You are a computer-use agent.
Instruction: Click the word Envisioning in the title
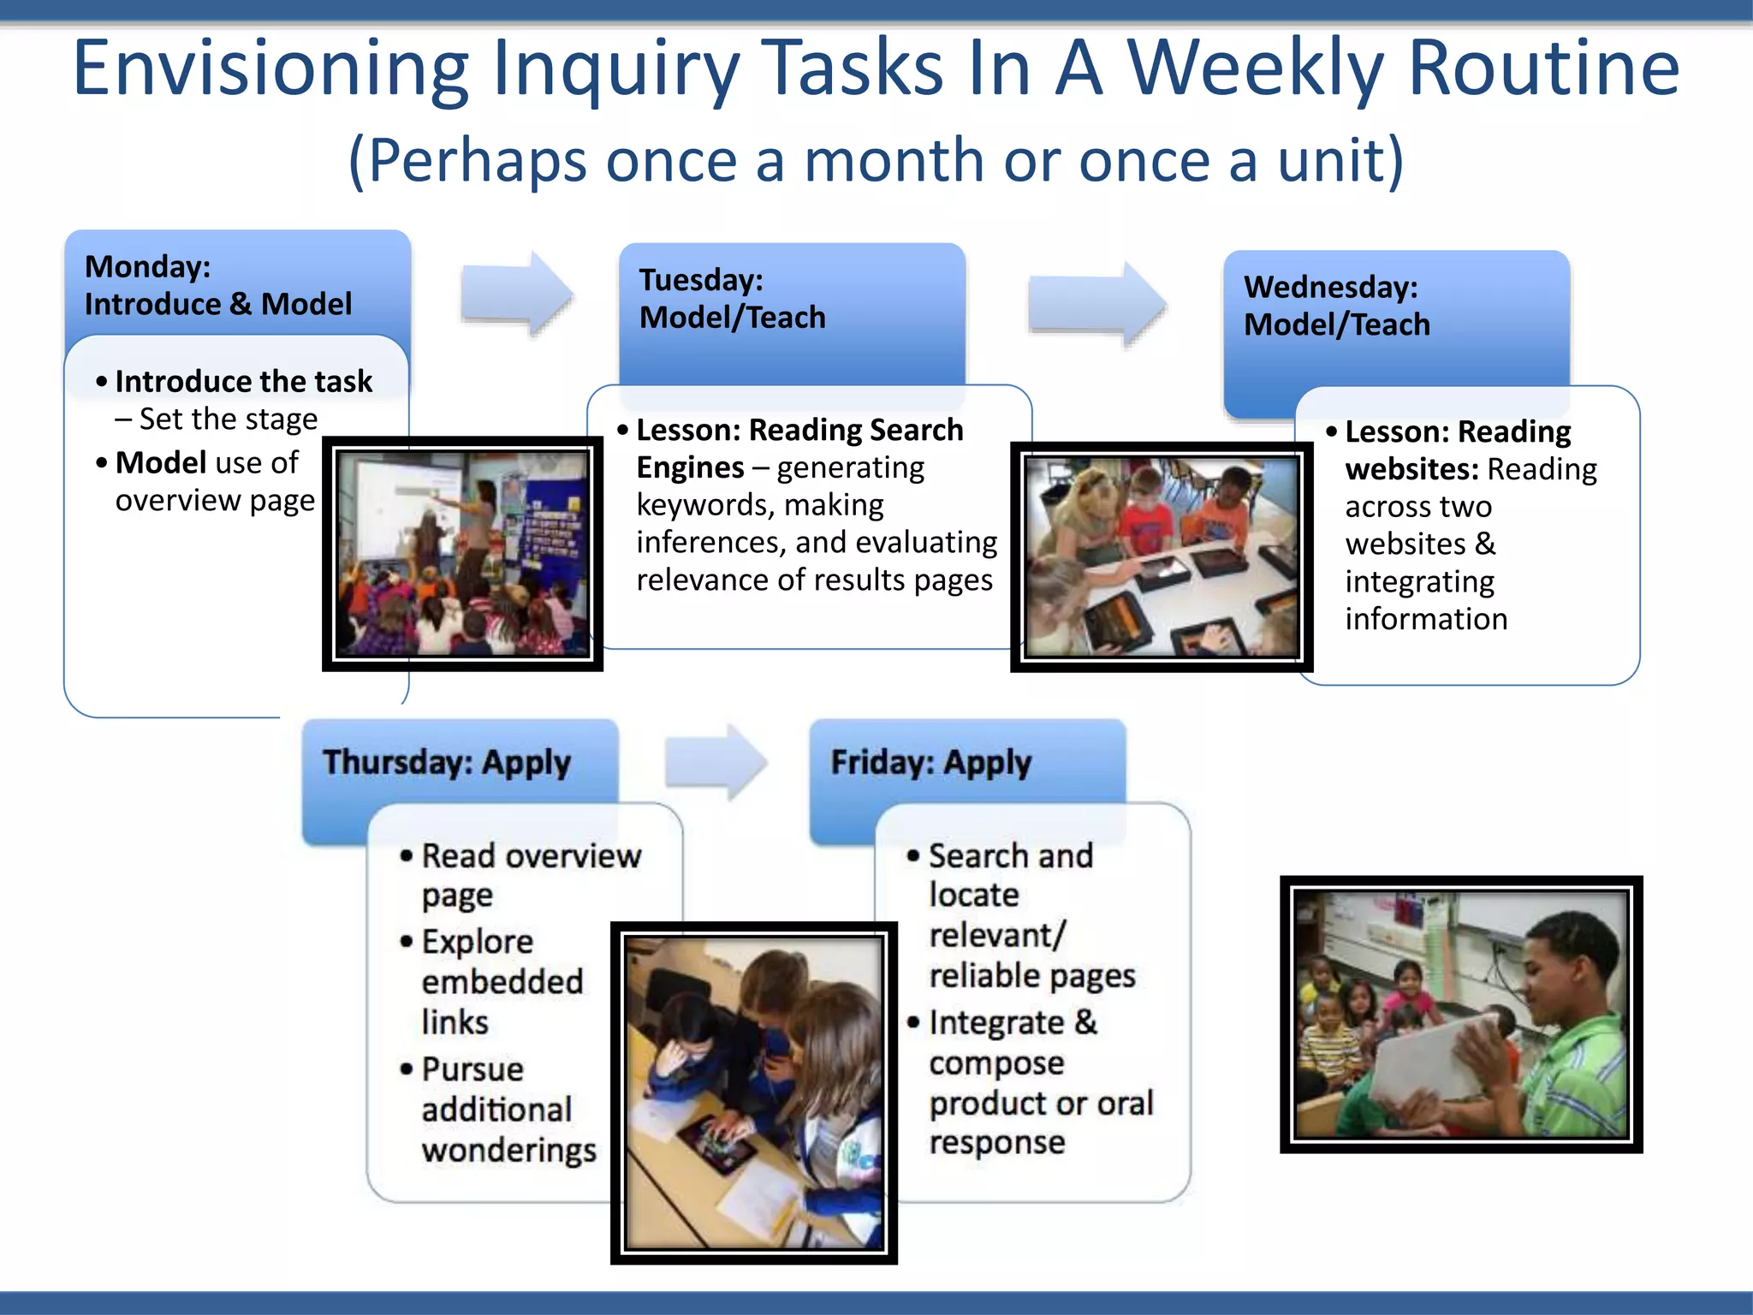(x=270, y=68)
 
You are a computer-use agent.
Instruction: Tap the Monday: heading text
(x=147, y=267)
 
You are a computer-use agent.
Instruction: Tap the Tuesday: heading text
(x=701, y=280)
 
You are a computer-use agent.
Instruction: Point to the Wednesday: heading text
(x=1330, y=287)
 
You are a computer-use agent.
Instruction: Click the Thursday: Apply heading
(x=446, y=762)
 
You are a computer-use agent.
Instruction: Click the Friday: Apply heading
(x=930, y=762)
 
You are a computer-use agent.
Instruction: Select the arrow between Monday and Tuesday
(x=516, y=294)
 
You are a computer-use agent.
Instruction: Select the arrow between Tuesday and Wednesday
(x=1096, y=304)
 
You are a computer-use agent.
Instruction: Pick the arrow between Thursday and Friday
(x=716, y=761)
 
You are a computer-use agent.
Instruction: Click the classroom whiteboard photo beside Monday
(x=462, y=554)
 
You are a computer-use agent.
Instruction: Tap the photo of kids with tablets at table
(x=1162, y=556)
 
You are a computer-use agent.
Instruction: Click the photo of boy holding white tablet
(x=1460, y=1014)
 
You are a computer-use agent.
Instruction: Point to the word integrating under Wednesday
(x=1419, y=582)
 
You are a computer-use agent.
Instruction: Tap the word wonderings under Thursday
(x=508, y=1150)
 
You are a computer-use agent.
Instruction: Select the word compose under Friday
(x=996, y=1063)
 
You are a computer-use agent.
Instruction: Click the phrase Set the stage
(x=228, y=419)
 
